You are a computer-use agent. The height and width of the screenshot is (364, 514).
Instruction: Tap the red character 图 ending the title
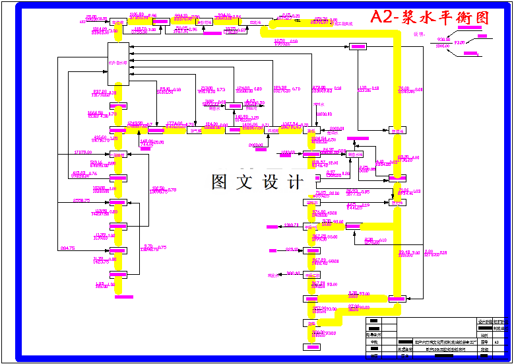482,18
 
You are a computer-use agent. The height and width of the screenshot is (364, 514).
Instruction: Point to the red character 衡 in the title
465,18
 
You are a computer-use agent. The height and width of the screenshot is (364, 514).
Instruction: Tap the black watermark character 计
294,182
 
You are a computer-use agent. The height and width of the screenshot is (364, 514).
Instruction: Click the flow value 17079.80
83,153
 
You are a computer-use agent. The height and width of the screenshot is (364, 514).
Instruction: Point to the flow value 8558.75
81,200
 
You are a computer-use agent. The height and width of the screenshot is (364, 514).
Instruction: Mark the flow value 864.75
67,248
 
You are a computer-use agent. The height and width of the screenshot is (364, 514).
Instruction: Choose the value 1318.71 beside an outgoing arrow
292,225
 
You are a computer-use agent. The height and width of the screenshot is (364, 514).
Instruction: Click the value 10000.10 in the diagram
324,114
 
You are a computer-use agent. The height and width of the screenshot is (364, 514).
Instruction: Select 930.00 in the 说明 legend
443,40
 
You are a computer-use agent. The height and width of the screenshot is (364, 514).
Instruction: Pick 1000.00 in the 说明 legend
443,55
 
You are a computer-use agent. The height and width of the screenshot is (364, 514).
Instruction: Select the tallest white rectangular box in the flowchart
119,63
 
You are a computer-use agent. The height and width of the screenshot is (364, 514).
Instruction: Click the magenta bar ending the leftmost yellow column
119,291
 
